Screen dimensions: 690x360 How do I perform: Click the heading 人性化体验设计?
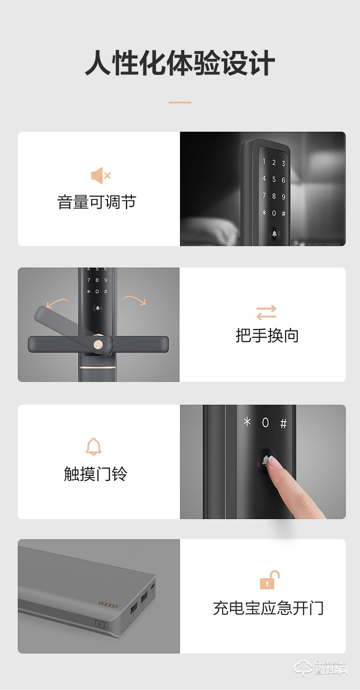tap(180, 64)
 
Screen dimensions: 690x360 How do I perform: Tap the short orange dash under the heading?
tap(180, 103)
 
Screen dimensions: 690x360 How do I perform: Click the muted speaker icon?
tap(100, 175)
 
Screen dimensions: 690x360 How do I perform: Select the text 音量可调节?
tap(97, 202)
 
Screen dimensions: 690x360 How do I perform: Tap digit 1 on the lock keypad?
tap(263, 161)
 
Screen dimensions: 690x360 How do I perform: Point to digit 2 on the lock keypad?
tap(274, 162)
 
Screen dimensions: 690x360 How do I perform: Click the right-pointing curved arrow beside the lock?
tap(135, 300)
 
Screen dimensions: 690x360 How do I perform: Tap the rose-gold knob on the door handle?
tap(98, 344)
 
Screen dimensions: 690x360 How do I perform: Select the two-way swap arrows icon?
tap(266, 313)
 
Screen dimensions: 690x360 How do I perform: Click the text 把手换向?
tap(267, 335)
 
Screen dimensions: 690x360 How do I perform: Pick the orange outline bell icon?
tap(93, 446)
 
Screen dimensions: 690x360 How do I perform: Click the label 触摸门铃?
tap(96, 474)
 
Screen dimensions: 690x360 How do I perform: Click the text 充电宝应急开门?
tap(268, 608)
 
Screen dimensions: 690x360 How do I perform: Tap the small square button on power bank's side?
tap(99, 624)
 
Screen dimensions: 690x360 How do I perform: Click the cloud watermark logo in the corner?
tap(303, 669)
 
